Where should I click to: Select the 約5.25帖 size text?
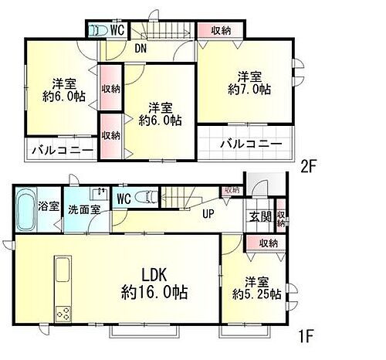(x=257, y=294)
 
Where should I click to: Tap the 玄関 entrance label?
(x=259, y=216)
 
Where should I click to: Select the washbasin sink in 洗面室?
(x=100, y=194)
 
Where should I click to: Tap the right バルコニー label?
(x=248, y=144)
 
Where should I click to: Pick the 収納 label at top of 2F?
(x=220, y=30)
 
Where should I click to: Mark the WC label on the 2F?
(x=117, y=30)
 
